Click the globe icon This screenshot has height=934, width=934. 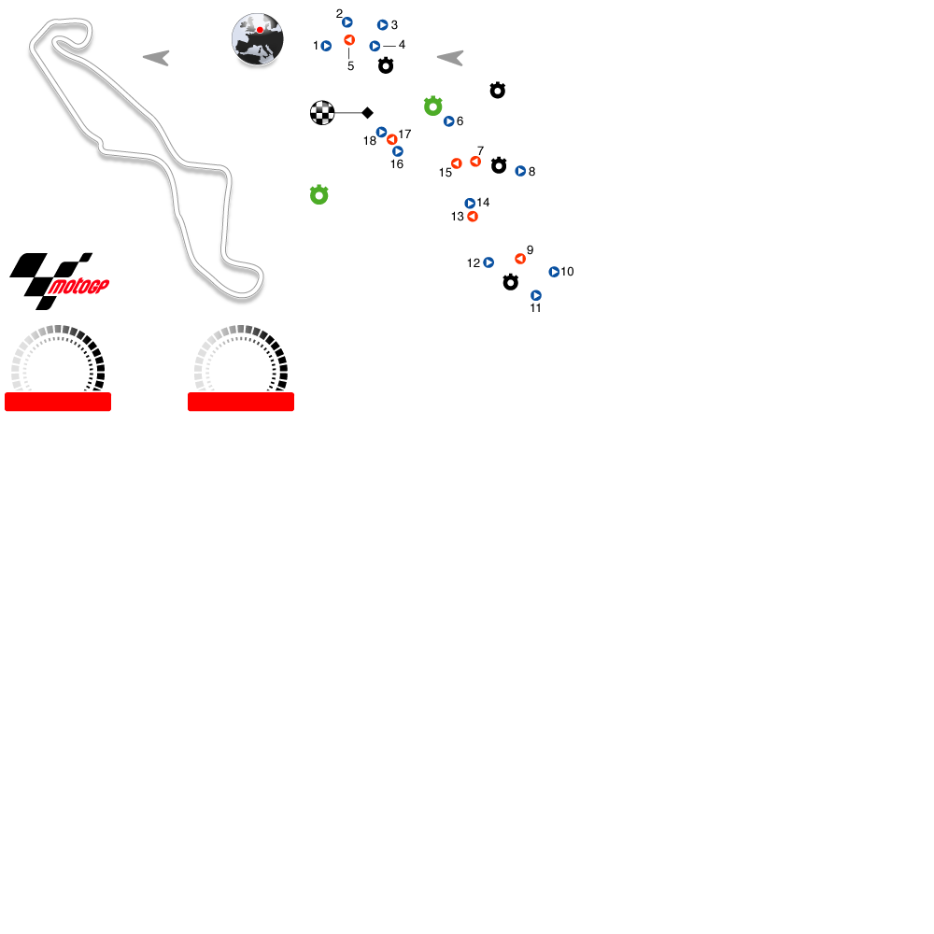point(258,39)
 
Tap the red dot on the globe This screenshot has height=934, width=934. point(260,30)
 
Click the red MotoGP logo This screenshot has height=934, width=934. point(78,287)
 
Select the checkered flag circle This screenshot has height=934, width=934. point(322,113)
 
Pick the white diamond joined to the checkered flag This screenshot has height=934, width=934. point(368,113)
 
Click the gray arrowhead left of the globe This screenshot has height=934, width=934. point(156,58)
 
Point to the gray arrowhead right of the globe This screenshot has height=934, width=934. point(450,58)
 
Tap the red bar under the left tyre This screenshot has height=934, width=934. point(58,402)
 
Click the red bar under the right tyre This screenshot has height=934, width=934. point(241,402)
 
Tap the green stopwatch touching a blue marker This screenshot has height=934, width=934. point(432,106)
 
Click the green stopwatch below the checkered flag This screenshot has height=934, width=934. point(319,195)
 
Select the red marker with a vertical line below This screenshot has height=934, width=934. point(349,40)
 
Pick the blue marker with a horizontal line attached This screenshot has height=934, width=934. point(375,46)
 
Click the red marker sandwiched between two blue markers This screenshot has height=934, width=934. point(391,140)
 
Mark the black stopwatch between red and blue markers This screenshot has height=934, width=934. point(499,165)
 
